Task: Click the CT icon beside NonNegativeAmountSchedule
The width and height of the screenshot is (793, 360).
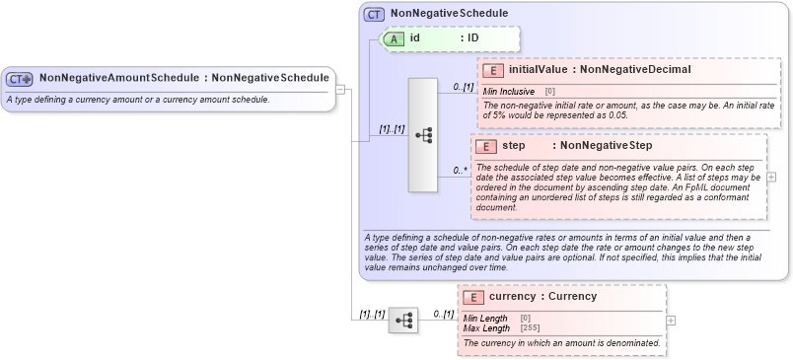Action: coord(20,78)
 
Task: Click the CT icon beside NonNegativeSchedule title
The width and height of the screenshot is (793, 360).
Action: coord(374,14)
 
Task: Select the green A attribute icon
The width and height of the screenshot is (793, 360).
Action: coord(393,38)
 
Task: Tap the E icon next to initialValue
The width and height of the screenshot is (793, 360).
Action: coord(492,70)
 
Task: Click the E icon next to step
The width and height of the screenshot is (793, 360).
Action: coord(485,145)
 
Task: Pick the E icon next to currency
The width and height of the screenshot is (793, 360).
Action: coord(473,296)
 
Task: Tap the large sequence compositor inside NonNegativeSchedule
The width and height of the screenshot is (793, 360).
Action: coord(424,135)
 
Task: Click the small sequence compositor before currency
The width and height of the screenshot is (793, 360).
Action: coord(403,320)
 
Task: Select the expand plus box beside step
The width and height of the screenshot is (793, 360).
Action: coord(771,177)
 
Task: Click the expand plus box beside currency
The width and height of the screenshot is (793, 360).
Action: coord(671,320)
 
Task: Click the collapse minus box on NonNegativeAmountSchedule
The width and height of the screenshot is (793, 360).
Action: coord(340,89)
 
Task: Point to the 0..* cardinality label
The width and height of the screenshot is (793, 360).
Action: coord(460,171)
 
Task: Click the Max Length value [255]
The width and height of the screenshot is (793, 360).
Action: coord(530,327)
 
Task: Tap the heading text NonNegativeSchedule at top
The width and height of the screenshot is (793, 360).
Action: coord(449,14)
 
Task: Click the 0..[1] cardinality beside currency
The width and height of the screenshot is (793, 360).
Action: coord(443,314)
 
